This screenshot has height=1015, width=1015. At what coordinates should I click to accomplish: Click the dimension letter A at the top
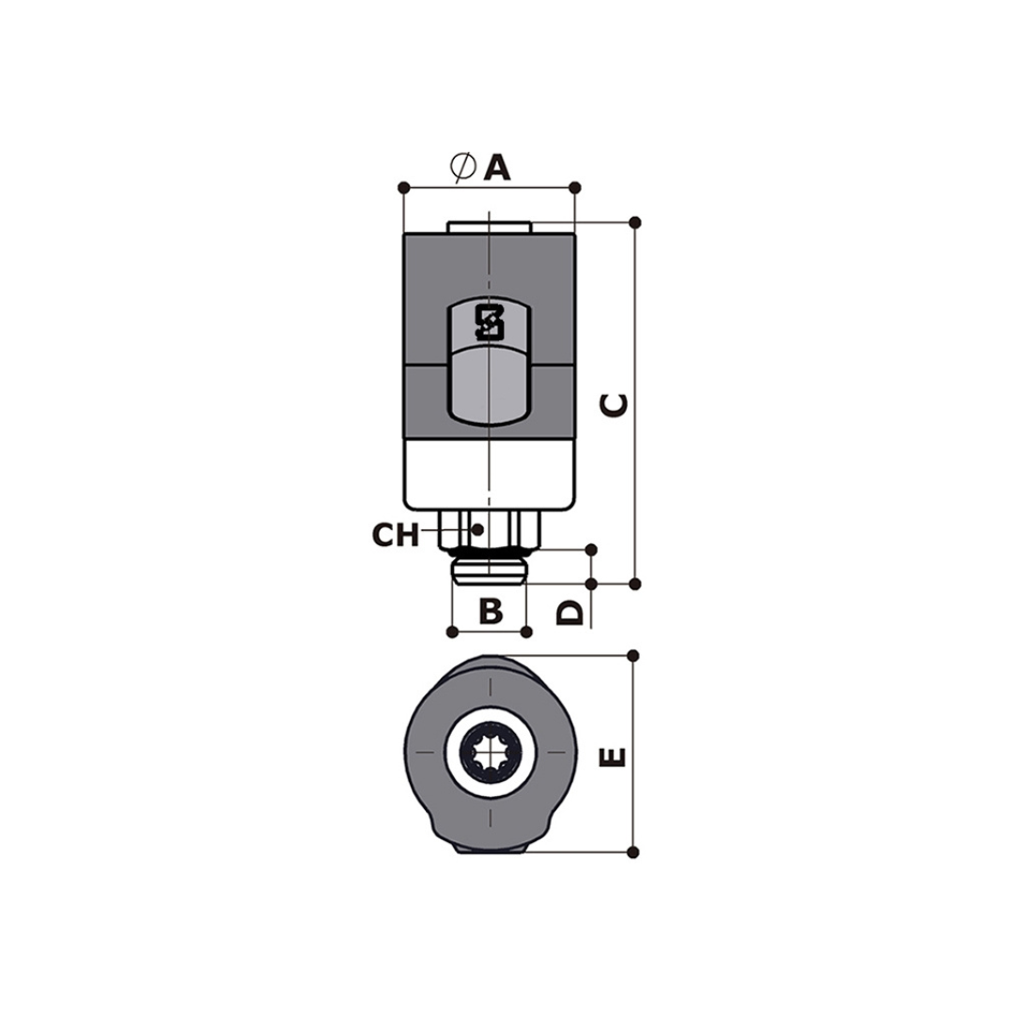point(496,167)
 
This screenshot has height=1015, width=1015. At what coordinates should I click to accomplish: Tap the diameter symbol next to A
point(462,167)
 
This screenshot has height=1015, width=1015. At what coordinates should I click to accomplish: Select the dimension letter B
point(491,611)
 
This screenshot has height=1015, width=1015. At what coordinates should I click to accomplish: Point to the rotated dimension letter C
point(615,405)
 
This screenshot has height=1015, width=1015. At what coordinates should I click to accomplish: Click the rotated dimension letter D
point(570,612)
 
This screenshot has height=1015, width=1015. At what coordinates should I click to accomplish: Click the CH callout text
point(395,535)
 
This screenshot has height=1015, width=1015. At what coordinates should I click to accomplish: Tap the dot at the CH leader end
point(477,530)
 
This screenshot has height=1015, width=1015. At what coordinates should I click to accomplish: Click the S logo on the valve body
point(490,322)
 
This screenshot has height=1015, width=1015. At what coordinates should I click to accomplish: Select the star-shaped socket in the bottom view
point(490,752)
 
